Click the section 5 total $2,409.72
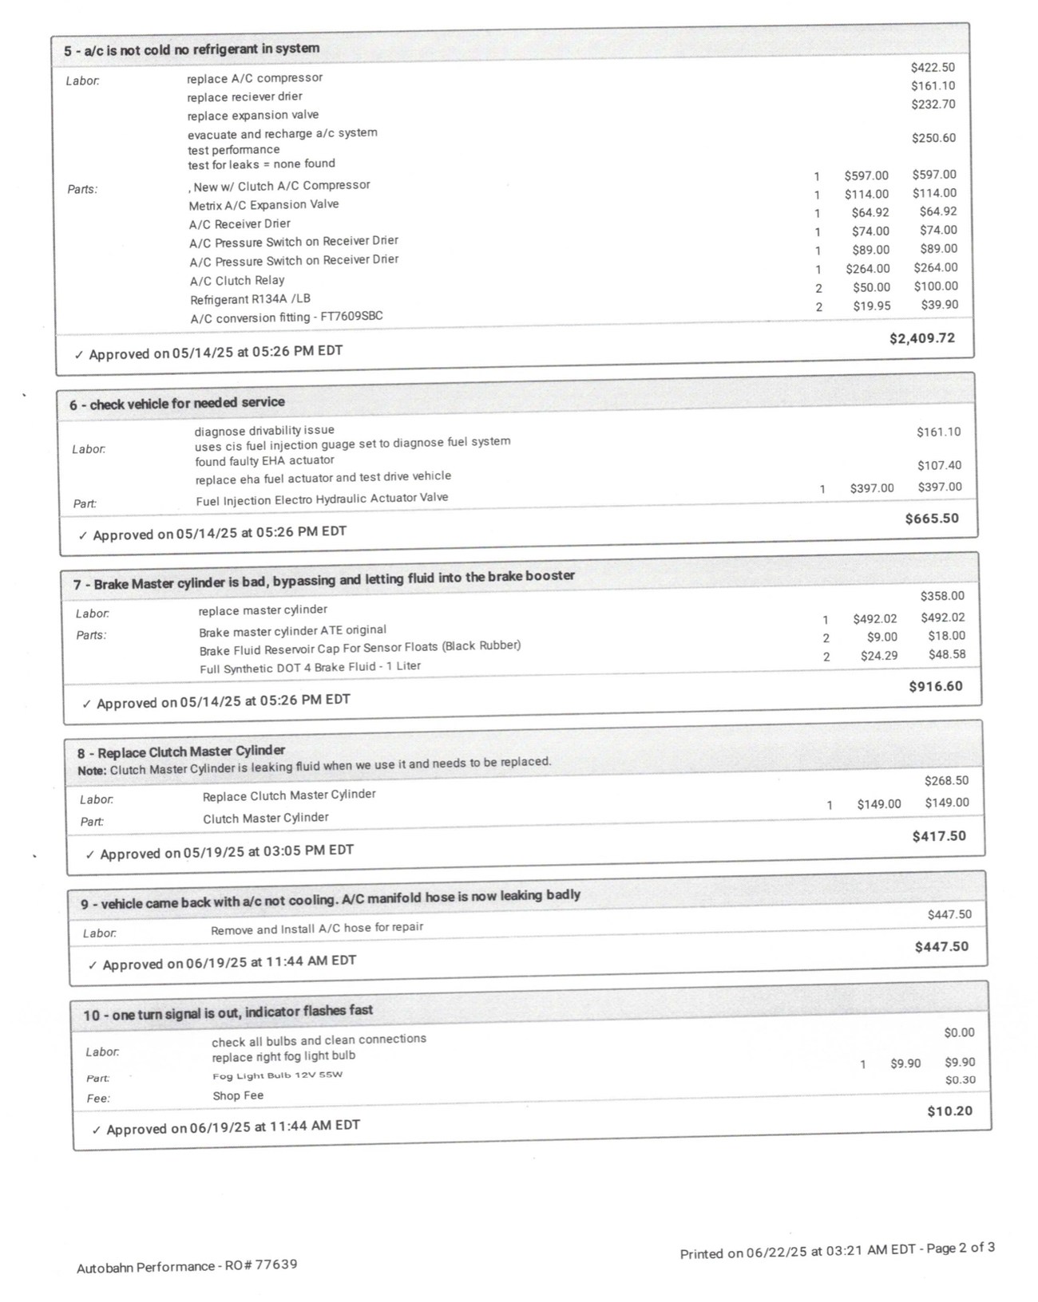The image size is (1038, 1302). coord(921,338)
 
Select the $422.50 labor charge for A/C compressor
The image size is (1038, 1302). coord(932,68)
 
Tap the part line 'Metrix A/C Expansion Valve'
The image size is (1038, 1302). coord(263,205)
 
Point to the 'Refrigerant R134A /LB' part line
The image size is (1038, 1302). coord(250,299)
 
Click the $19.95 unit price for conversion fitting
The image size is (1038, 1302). coord(871,306)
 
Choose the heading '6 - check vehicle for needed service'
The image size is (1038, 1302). coord(176,404)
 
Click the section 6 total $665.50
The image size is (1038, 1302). coord(931,519)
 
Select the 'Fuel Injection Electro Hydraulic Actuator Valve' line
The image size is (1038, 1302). coord(322,499)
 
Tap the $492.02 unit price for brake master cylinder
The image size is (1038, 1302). coord(874,618)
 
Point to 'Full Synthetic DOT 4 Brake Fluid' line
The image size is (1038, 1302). coord(310,667)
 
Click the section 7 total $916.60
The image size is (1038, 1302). coord(935,686)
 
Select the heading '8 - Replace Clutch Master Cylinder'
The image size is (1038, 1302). coord(181,752)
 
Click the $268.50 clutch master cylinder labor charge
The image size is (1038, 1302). coord(946,781)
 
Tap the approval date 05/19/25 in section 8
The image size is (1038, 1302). coord(213,852)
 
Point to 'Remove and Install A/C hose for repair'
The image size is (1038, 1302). coord(317,929)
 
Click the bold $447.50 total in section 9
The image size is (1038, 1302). coord(941,947)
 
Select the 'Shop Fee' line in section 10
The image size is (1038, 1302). coord(238,1096)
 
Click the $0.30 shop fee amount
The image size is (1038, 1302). coord(960,1080)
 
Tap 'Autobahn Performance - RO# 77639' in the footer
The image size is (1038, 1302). coord(187,1266)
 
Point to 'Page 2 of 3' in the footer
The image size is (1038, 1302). coord(961,1249)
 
